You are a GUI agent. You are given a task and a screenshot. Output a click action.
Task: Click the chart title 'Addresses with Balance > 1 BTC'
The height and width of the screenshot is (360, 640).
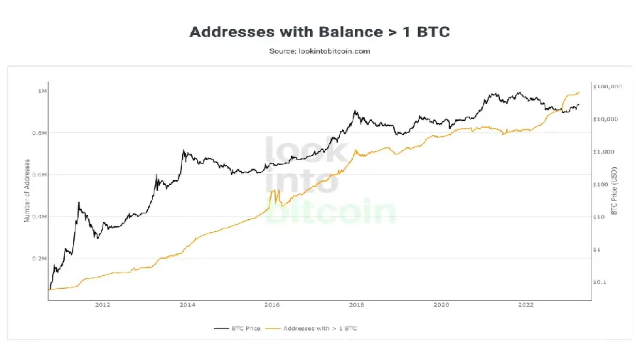[319, 32]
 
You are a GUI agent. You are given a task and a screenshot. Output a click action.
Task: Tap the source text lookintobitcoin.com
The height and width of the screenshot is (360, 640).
[319, 51]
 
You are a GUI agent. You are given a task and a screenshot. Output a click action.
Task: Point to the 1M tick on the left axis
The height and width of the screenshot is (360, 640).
[43, 91]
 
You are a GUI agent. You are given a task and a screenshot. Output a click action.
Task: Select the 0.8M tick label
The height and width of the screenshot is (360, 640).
[40, 133]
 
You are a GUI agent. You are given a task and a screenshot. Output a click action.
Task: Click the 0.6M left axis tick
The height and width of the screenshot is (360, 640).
[40, 175]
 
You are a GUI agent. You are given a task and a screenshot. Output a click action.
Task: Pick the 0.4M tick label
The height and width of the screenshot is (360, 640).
[40, 217]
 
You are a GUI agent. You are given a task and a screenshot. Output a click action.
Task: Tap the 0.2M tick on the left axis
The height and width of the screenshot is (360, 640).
[40, 259]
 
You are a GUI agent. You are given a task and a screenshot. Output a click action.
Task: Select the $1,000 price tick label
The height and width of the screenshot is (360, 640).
[603, 152]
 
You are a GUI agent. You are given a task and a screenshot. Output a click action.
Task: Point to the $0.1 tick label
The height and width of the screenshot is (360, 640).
[599, 282]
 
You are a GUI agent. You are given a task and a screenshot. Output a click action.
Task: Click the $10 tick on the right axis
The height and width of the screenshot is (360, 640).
[599, 218]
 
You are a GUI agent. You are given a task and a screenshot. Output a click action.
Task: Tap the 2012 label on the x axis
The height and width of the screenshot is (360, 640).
[102, 305]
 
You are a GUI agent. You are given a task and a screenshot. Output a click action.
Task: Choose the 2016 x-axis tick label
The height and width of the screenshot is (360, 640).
[272, 305]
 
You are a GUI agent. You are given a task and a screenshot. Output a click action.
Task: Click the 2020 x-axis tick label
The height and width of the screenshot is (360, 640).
[441, 305]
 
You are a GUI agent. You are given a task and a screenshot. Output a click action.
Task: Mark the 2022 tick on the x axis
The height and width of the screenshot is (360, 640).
[526, 305]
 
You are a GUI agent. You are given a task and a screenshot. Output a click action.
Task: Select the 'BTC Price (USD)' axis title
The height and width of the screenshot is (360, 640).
[614, 191]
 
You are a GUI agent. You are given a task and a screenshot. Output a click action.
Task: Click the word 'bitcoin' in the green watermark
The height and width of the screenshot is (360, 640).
[330, 211]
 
